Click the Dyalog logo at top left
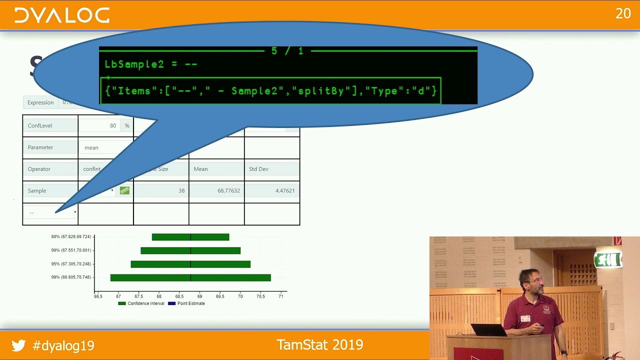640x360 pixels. (61, 15)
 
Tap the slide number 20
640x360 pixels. (623, 13)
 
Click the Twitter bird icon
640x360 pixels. (18, 345)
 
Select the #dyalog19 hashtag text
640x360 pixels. (63, 345)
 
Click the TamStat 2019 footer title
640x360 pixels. (319, 344)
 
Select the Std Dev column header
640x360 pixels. (271, 169)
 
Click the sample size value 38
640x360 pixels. (181, 190)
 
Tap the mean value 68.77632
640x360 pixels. (228, 190)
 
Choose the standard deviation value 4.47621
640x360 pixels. (284, 190)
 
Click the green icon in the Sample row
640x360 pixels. (124, 190)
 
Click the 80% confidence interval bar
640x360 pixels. (190, 237)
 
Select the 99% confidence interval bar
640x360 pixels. (190, 277)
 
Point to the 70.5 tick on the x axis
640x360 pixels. (260, 296)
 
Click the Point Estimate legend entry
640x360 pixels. (187, 303)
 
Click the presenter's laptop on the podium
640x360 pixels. (488, 329)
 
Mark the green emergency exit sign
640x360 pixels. (607, 259)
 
